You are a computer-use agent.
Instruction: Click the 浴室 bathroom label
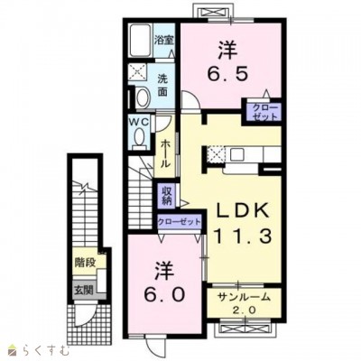point(164,40)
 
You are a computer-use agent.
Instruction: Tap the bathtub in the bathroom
point(141,40)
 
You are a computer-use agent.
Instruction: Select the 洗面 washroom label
point(162,86)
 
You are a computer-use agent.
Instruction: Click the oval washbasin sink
point(143,97)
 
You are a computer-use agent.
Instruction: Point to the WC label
point(139,122)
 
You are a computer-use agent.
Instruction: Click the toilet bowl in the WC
point(140,138)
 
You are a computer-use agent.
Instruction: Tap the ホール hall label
point(164,153)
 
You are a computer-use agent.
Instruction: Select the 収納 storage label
point(167,196)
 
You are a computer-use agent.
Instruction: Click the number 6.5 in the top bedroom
point(228,73)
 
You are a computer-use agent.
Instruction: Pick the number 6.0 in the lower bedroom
point(164,295)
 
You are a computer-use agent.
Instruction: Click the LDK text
point(244,212)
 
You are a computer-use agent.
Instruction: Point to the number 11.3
point(243,236)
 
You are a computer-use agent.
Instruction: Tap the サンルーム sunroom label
point(245,298)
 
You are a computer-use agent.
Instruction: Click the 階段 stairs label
point(85,263)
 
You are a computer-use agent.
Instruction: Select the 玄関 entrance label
point(84,291)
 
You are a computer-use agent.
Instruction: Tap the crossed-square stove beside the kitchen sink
point(216,154)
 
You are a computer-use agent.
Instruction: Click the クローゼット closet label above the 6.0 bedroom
point(180,222)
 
